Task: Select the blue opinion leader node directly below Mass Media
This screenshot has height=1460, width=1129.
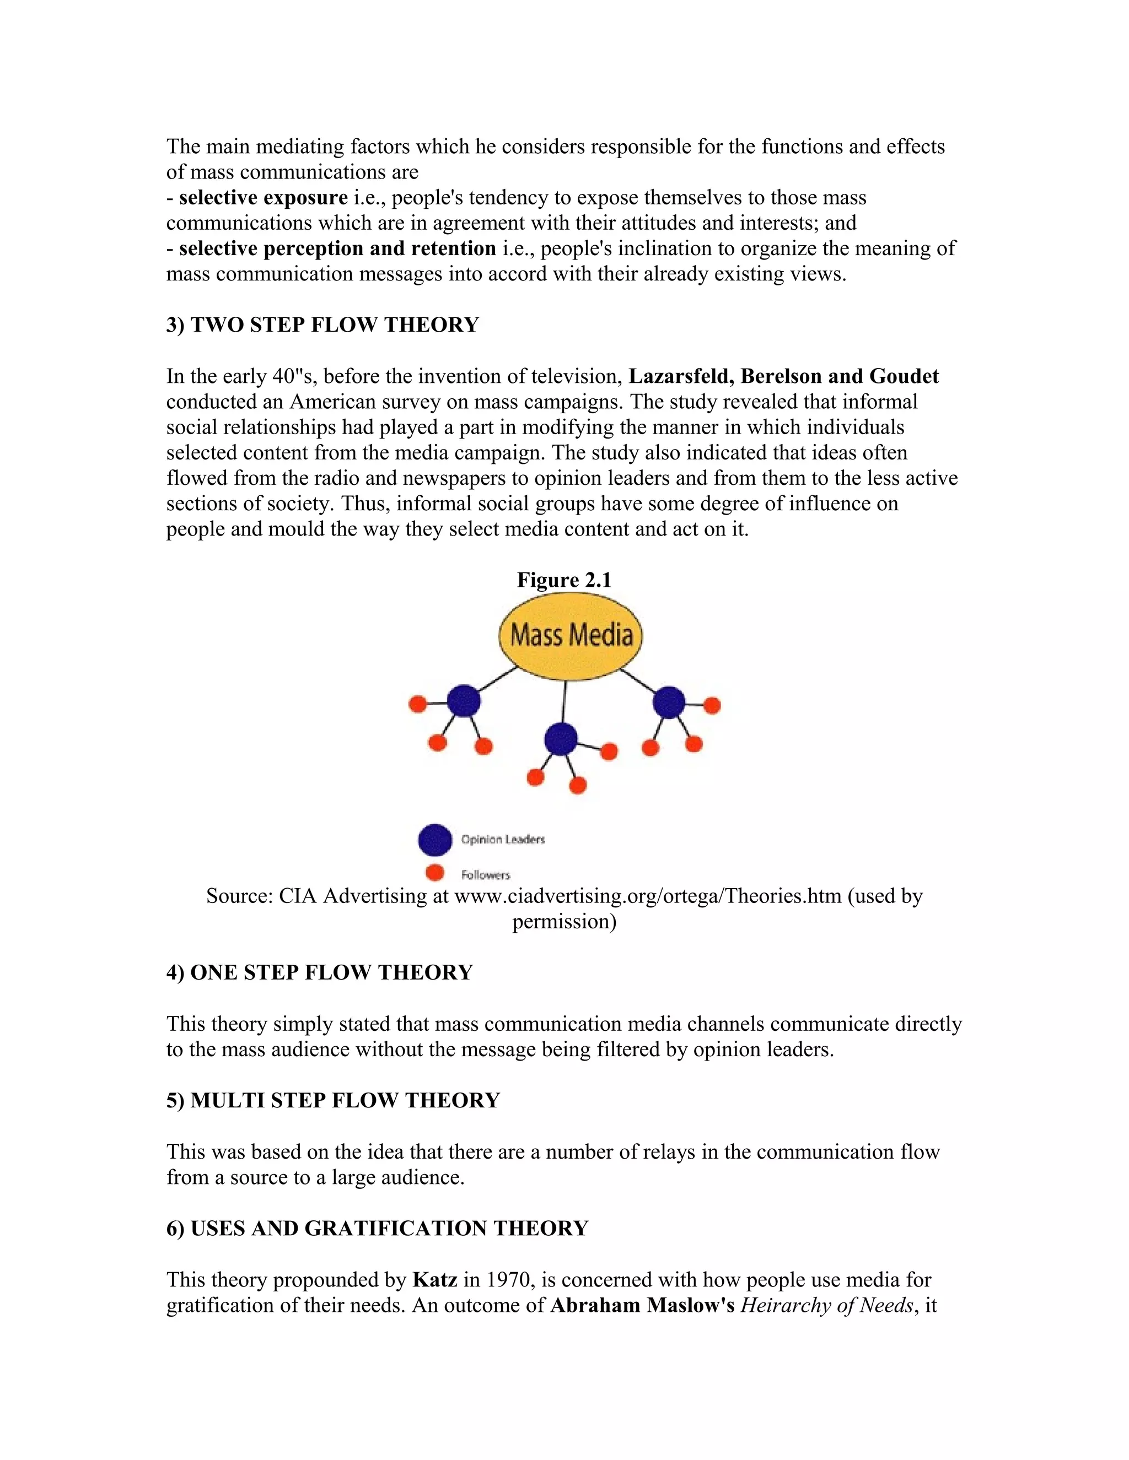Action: [561, 739]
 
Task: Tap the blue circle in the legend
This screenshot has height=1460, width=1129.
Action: [435, 840]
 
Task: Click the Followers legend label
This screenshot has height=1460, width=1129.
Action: [486, 874]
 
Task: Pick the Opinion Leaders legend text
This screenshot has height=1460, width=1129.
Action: [503, 839]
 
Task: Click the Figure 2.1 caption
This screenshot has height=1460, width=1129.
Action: [564, 580]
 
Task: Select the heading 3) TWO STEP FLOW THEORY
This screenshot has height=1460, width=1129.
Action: [322, 325]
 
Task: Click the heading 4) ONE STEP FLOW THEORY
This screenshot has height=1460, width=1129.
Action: [319, 972]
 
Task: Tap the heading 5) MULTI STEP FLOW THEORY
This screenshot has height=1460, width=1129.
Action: [332, 1100]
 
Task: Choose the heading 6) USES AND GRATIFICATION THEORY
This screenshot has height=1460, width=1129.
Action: [377, 1228]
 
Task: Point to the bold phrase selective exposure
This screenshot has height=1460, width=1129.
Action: [263, 198]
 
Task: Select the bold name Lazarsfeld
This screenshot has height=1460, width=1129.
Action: [681, 376]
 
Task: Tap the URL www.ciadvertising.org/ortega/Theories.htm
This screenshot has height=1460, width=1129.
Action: [647, 896]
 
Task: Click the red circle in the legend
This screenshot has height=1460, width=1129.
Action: [435, 872]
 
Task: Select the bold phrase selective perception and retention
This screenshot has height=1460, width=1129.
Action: [337, 248]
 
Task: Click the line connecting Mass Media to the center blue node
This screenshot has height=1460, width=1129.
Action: [564, 702]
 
